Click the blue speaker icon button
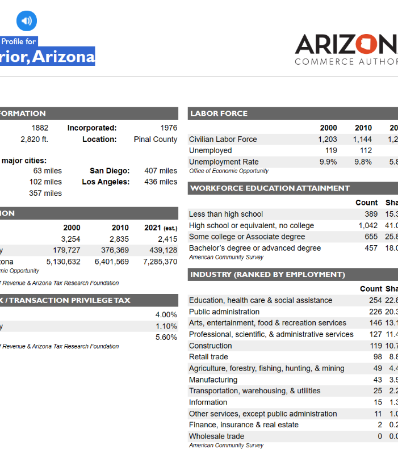26,21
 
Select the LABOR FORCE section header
219,113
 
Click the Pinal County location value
156,139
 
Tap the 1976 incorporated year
169,128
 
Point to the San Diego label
110,170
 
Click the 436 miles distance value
161,182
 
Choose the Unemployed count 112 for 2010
366,150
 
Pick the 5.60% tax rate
166,337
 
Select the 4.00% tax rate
166,314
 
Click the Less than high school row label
226,214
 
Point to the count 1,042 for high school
368,225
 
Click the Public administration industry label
224,312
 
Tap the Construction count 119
376,346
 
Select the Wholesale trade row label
216,436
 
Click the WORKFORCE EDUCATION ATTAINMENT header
270,188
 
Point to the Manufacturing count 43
378,380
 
